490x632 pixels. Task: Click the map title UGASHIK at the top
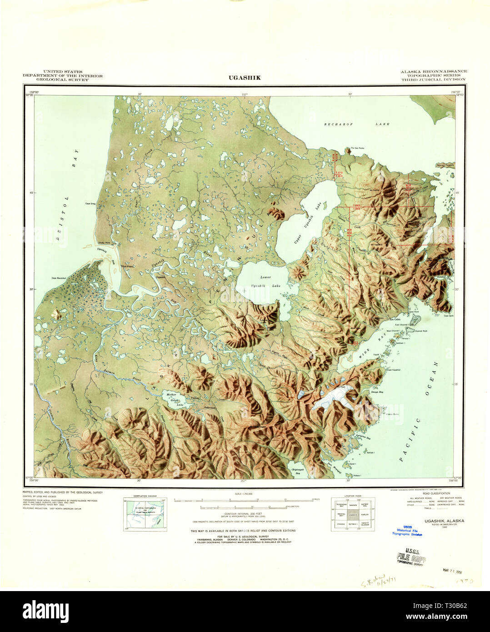click(245, 78)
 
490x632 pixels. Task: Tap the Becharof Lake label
click(357, 124)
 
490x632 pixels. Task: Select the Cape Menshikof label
click(59, 278)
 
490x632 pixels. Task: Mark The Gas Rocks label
click(356, 148)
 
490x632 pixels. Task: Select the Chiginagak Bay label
click(298, 473)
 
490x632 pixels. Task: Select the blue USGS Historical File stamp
click(407, 531)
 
